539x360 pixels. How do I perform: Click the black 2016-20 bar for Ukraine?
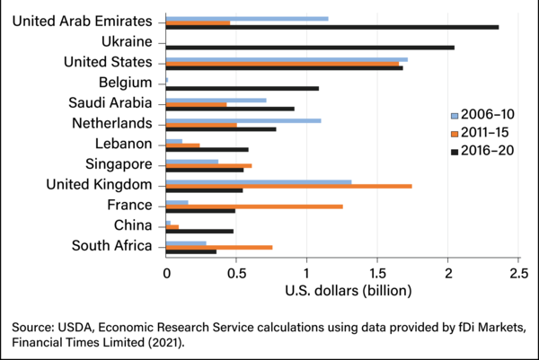(310, 47)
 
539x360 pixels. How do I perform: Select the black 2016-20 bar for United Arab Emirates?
(332, 27)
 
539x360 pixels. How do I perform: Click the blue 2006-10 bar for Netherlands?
(243, 120)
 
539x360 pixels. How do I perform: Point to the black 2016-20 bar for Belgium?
(243, 88)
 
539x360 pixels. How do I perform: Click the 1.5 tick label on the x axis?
(377, 272)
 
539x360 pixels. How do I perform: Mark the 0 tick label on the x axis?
(166, 272)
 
